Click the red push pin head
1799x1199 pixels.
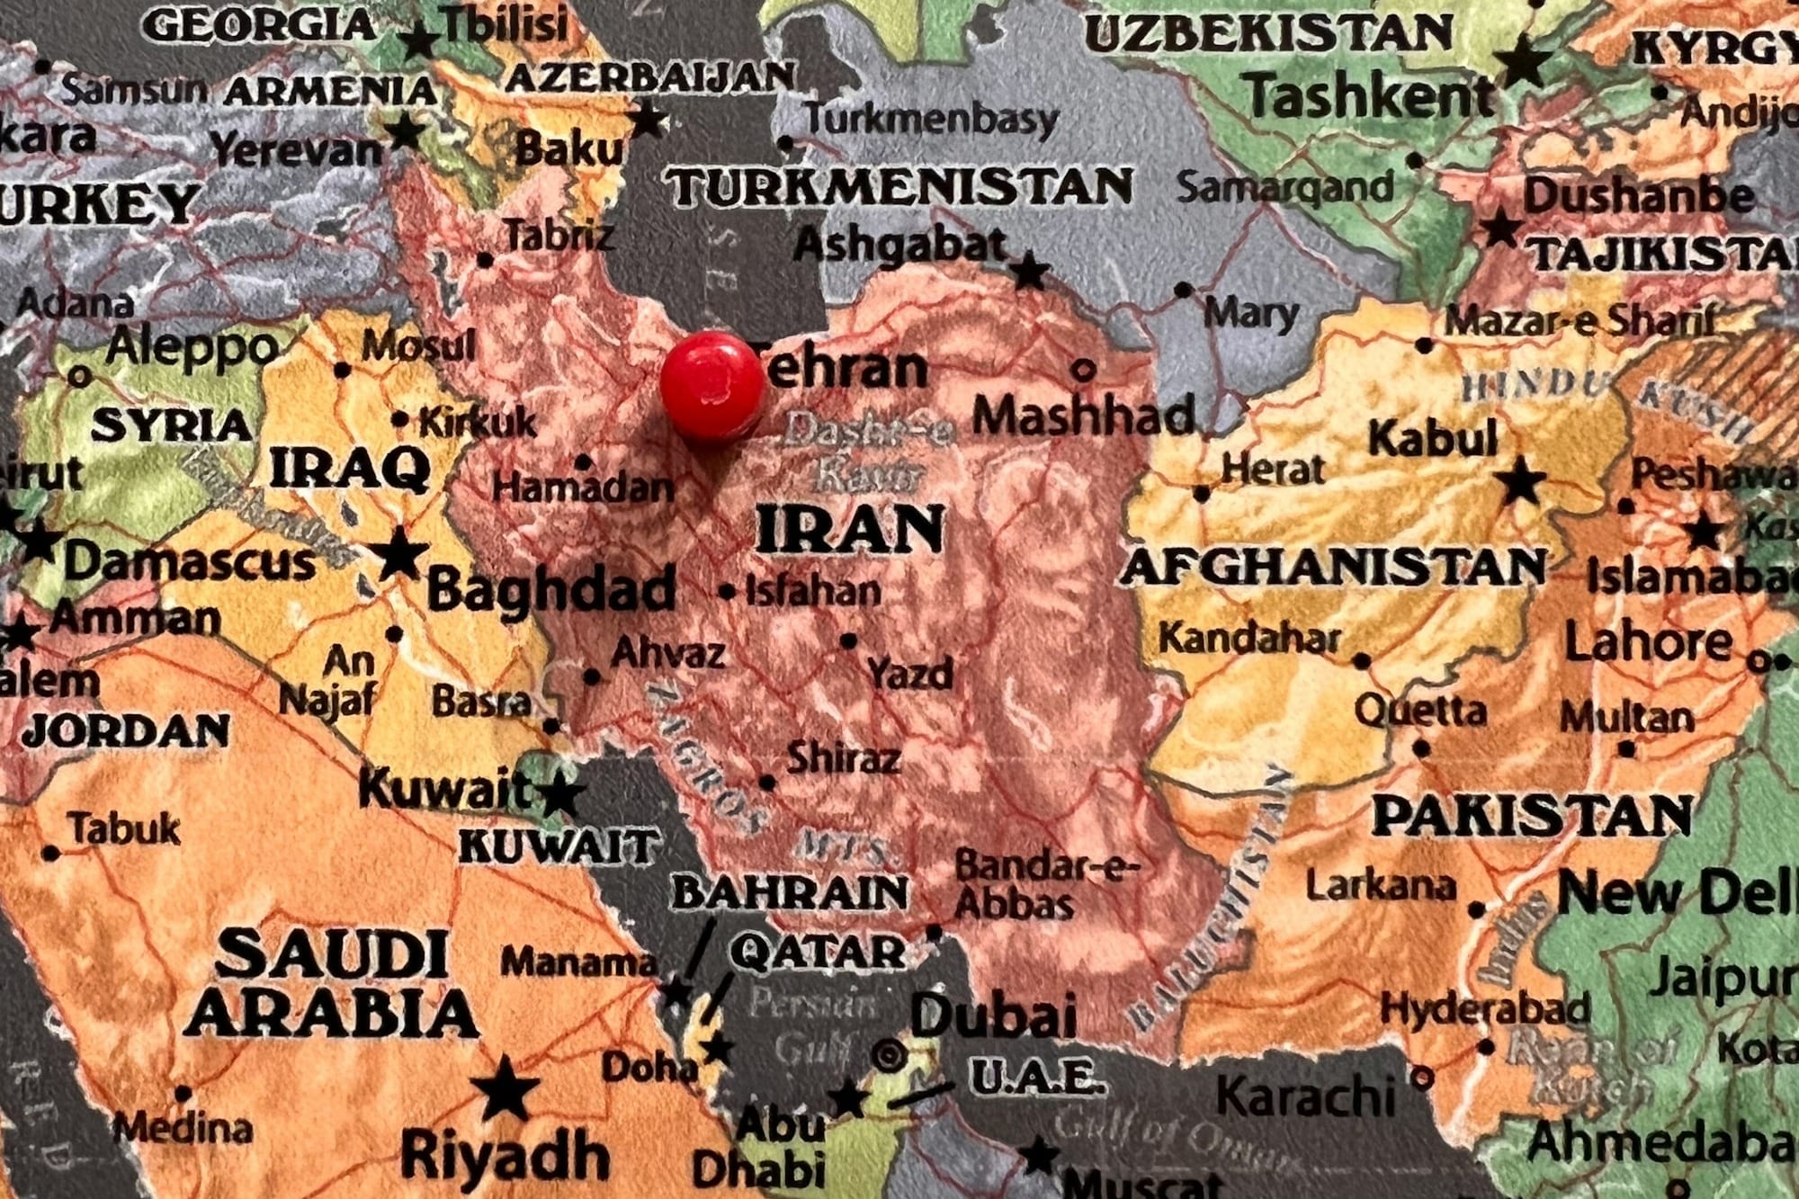711,386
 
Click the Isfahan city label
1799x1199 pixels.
813,591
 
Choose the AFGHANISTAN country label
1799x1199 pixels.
1332,568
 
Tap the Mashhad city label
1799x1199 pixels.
1083,416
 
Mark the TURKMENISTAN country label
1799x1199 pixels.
899,187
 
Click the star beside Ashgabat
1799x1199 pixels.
1029,270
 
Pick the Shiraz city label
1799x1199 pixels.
843,758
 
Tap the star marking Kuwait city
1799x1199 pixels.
559,795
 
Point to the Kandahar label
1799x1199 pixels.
1249,639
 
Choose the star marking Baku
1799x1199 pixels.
647,120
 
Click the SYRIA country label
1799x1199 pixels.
172,425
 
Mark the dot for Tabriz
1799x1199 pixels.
485,261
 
